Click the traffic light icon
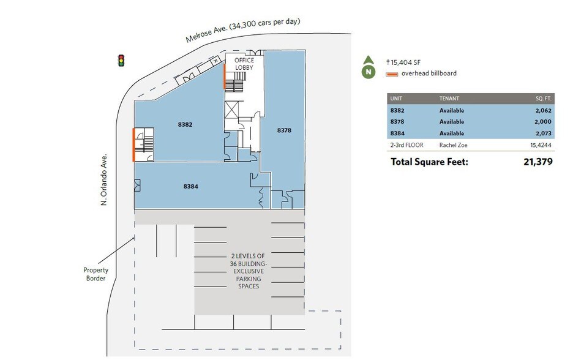121,60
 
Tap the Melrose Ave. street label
243,31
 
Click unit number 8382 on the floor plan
185,124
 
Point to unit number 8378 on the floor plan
284,130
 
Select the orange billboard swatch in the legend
392,74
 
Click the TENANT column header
449,98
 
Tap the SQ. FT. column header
542,98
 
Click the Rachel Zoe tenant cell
454,146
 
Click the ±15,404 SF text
404,62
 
